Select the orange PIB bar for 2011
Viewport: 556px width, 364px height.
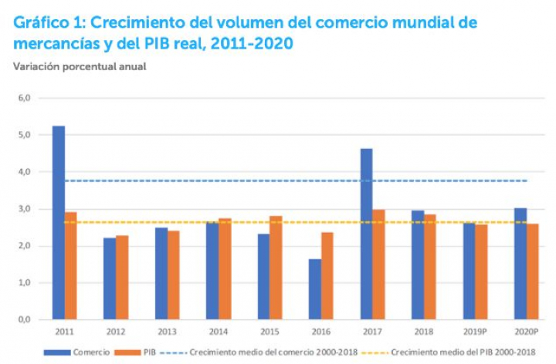coord(70,265)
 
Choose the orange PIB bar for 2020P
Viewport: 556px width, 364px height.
coord(533,271)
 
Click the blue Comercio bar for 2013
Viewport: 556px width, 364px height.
coord(161,273)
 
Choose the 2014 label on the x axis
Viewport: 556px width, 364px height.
coord(219,331)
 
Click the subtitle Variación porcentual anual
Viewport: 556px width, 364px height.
coord(80,66)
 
